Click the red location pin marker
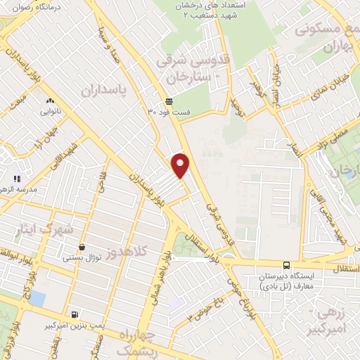tap(181, 165)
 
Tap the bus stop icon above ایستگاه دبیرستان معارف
tap(285, 265)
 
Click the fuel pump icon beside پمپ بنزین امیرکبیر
tap(75, 314)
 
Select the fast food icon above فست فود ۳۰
tap(168, 101)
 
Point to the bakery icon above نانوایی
tap(49, 101)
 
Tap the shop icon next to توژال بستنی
tap(84, 247)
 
